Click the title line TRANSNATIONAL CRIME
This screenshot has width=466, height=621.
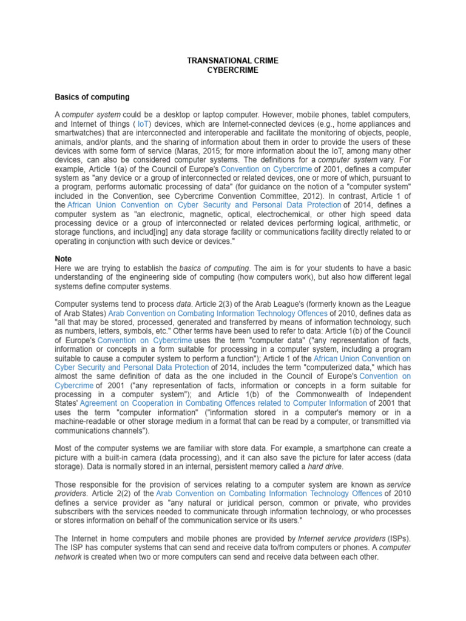(x=232, y=61)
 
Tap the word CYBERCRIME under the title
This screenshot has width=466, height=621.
(x=232, y=70)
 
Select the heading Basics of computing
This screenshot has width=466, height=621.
(x=92, y=97)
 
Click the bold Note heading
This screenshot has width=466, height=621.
(x=63, y=259)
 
